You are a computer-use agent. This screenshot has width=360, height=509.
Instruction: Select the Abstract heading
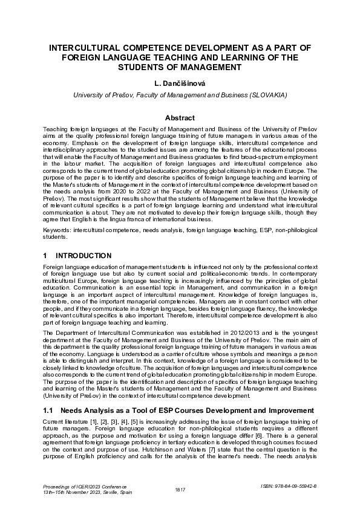point(180,118)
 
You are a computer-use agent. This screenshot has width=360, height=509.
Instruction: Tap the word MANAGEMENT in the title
point(208,66)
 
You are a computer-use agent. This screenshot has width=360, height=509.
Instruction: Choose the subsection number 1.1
point(49,411)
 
